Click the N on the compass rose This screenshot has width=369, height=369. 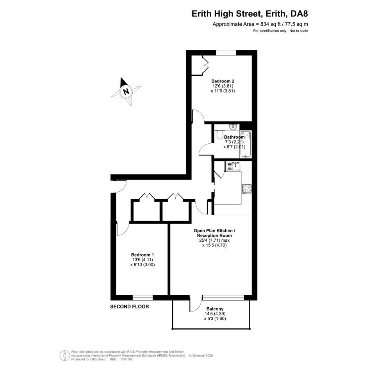click(127, 91)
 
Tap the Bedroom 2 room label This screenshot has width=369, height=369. click(223, 81)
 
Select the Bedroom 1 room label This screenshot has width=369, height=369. click(143, 255)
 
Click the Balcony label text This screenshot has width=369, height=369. click(215, 309)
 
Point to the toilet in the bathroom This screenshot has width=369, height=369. click(219, 135)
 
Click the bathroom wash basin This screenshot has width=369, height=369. click(233, 127)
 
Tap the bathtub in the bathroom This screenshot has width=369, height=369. click(246, 144)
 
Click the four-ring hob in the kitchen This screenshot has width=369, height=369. click(247, 189)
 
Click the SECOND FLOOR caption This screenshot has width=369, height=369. click(129, 307)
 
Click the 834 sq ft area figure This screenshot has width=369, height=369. click(270, 24)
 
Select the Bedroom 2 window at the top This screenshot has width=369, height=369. click(226, 53)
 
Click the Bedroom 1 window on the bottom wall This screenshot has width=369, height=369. click(143, 298)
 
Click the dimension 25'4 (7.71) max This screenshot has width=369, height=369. click(214, 241)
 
